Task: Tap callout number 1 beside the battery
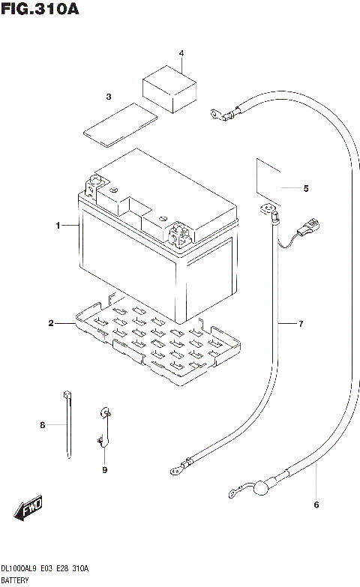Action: [57, 225]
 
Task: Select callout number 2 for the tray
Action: [51, 323]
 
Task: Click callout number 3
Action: [108, 97]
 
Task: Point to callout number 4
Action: [180, 54]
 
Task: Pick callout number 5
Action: [305, 188]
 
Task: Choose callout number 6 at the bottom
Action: [316, 504]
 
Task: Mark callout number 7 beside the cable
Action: [300, 324]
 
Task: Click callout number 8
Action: [43, 425]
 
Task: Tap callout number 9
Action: [105, 470]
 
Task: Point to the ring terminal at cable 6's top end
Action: [216, 115]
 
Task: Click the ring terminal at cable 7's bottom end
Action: [177, 471]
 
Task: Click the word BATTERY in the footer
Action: [14, 580]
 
